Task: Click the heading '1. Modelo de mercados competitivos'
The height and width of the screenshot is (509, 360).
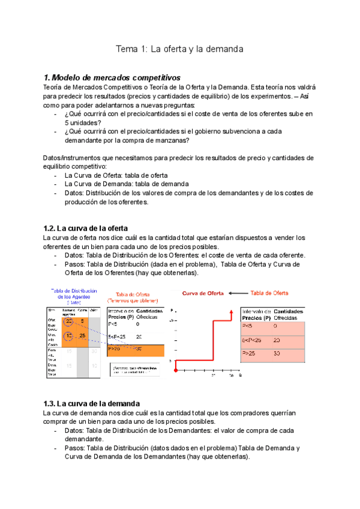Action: pyautogui.click(x=112, y=78)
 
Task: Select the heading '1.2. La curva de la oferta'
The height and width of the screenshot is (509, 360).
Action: pyautogui.click(x=85, y=227)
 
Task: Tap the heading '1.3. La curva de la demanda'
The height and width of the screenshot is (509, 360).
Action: pyautogui.click(x=91, y=403)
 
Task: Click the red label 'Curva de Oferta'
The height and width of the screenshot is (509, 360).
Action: pyautogui.click(x=203, y=293)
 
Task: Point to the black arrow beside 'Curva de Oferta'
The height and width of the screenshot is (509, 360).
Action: pyautogui.click(x=237, y=293)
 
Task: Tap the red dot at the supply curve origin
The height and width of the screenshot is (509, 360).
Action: pyautogui.click(x=175, y=372)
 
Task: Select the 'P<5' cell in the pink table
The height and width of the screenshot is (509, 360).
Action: pyautogui.click(x=247, y=325)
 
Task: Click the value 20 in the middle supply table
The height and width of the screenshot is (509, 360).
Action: pyautogui.click(x=139, y=337)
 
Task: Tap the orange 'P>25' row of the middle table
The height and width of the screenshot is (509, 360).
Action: pyautogui.click(x=136, y=349)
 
